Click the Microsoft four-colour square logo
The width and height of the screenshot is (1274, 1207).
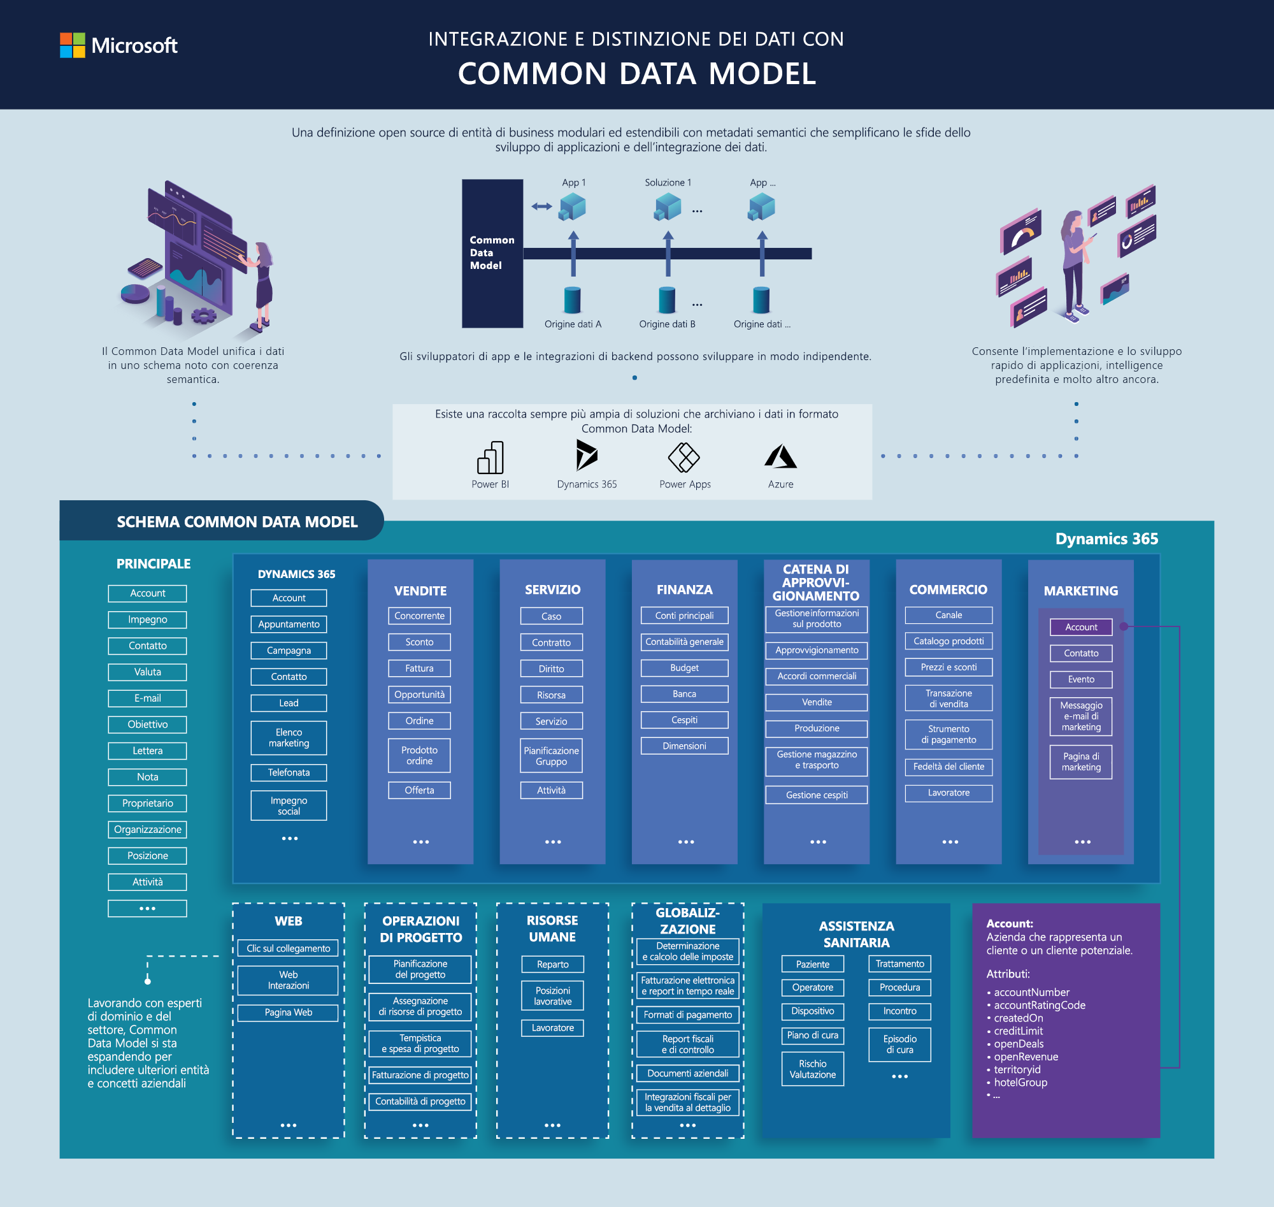click(72, 45)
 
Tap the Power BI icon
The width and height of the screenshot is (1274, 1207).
click(490, 457)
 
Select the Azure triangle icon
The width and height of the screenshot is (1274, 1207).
click(780, 456)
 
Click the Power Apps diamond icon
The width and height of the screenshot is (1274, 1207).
click(684, 458)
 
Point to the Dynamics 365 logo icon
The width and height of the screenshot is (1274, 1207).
click(587, 455)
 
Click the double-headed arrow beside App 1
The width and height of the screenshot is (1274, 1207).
click(541, 206)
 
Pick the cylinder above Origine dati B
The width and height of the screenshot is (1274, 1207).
click(667, 300)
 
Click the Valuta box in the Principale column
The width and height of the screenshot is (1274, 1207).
click(147, 672)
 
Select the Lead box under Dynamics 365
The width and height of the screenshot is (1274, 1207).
click(289, 703)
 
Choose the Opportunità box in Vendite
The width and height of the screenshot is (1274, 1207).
click(419, 695)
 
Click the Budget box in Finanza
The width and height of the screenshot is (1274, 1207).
click(684, 668)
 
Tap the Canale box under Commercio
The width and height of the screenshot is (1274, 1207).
click(948, 615)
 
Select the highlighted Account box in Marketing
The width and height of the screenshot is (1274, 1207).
click(1081, 626)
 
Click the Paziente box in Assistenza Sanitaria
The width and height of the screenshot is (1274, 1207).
click(813, 964)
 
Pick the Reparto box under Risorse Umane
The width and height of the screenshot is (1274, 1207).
click(552, 964)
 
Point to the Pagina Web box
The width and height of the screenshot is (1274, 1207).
click(288, 1013)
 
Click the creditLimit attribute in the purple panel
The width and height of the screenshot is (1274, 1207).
click(1018, 1030)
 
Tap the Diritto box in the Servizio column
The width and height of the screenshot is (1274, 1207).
click(551, 669)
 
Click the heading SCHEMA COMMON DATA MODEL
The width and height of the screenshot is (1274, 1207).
click(237, 522)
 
